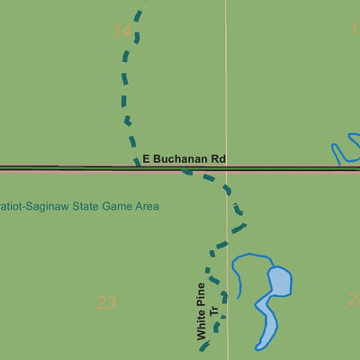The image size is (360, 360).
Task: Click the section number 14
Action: [123, 31]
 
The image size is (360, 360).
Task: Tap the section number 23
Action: [106, 302]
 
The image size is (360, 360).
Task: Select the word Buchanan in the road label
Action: [180, 159]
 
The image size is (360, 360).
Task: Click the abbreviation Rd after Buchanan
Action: [218, 159]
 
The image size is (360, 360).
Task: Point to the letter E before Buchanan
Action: [146, 159]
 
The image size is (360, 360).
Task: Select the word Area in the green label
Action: [148, 206]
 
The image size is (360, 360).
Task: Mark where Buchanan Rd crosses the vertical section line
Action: [226, 167]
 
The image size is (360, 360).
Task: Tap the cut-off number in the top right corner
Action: [355, 29]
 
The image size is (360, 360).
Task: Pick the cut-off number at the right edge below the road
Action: [355, 299]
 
